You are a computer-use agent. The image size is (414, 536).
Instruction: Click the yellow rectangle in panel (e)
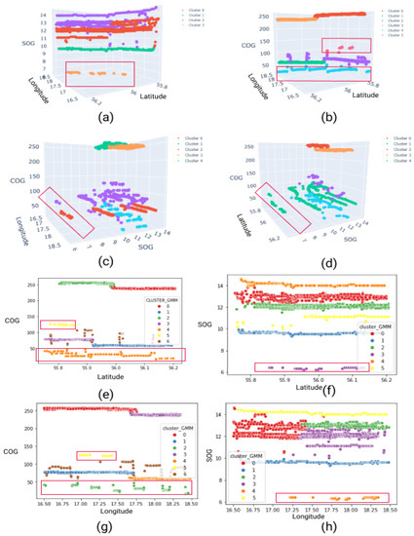point(57,324)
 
